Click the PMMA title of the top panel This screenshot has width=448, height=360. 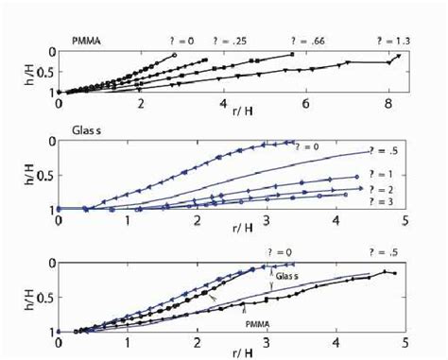[x=88, y=41]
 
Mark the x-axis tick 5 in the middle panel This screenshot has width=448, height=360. [x=405, y=219]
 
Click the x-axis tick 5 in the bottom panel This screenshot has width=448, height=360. [x=405, y=341]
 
